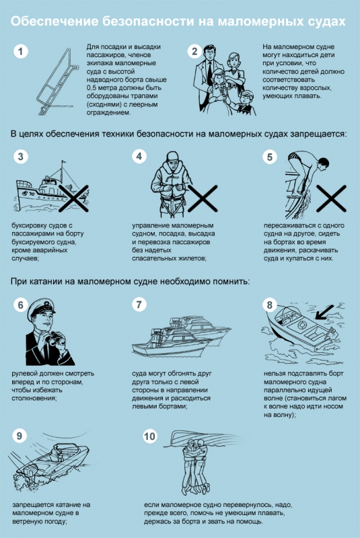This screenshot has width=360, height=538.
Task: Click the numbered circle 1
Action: (x=21, y=52)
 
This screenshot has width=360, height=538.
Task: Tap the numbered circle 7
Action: (x=139, y=305)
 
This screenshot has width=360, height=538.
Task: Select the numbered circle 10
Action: (x=149, y=436)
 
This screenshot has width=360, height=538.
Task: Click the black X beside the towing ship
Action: (x=74, y=198)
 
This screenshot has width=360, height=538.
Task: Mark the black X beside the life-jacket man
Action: (x=203, y=198)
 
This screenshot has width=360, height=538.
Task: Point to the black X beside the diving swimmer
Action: (x=331, y=198)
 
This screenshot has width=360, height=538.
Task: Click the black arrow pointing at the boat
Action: (x=324, y=312)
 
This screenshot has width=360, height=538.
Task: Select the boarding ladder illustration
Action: (x=57, y=81)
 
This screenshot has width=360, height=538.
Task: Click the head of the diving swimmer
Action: (x=323, y=163)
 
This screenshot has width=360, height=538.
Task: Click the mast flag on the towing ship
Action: (x=63, y=162)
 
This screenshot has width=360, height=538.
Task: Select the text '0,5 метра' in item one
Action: (x=102, y=88)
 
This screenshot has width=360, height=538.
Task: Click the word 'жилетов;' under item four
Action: (x=192, y=258)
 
